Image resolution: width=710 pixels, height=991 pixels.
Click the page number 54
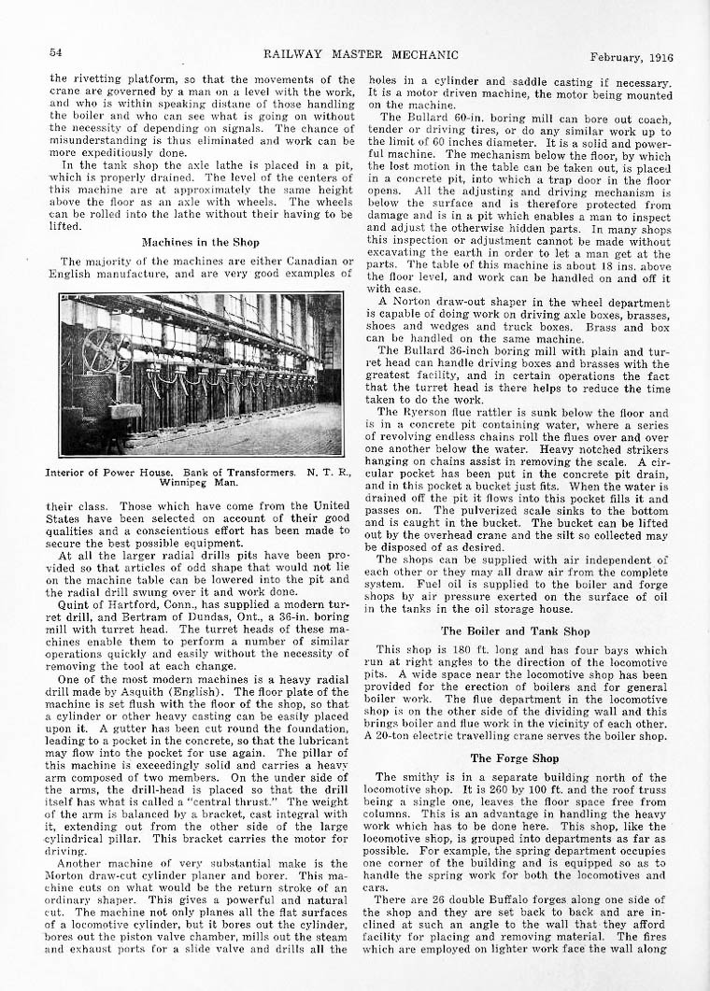click(x=55, y=51)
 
